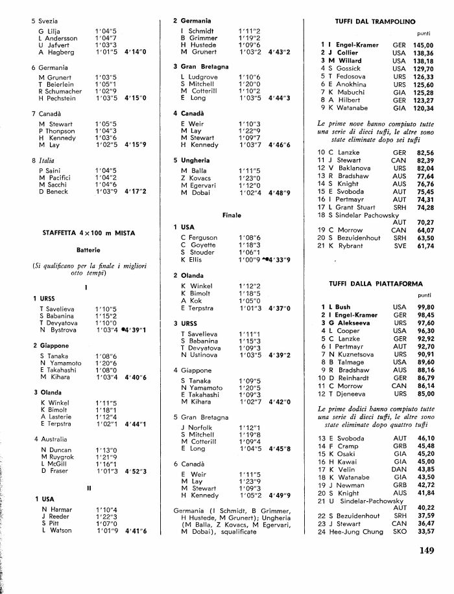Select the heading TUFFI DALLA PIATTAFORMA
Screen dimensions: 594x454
(371, 283)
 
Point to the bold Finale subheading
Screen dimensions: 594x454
(231, 215)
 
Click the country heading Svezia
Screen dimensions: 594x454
(48, 21)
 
